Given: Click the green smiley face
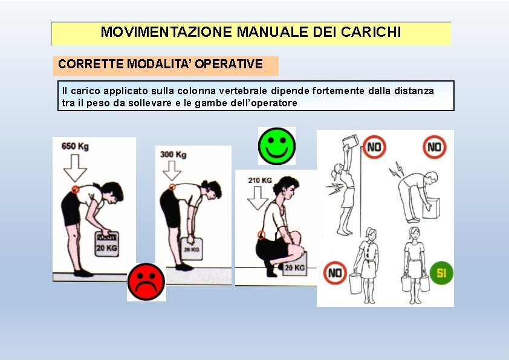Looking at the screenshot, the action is (277, 146).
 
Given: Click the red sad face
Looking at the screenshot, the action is (146, 282).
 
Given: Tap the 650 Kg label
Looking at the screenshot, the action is (75, 146).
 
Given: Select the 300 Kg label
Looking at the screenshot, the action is (173, 155).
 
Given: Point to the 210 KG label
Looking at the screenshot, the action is (260, 181).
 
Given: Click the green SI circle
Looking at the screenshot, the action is (441, 273).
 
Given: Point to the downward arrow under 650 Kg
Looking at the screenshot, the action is (75, 168).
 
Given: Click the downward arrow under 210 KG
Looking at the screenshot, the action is (258, 198).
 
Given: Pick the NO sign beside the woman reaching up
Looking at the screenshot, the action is (374, 147).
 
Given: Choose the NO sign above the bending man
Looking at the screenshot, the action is (434, 147).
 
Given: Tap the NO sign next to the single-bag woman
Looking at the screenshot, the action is (335, 273).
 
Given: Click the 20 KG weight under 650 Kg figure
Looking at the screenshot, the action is (106, 244).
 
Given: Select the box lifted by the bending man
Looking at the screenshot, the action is (432, 208).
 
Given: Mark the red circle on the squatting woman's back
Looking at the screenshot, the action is (261, 235).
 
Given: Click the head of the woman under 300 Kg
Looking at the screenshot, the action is (212, 188).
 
